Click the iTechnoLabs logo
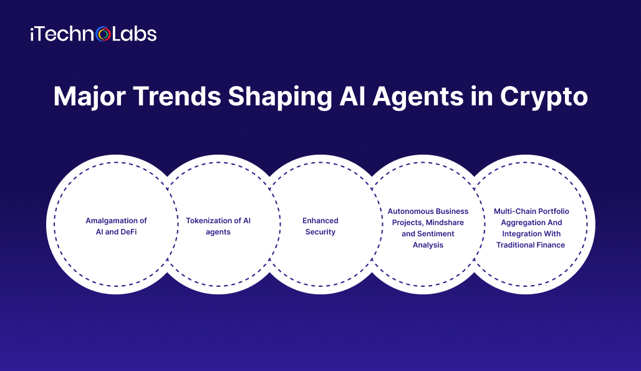pos(93,34)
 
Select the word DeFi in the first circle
pos(133,232)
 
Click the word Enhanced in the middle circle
pos(320,221)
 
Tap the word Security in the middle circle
pos(320,232)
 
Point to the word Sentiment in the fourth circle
pos(436,234)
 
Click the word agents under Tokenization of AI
pos(218,232)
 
